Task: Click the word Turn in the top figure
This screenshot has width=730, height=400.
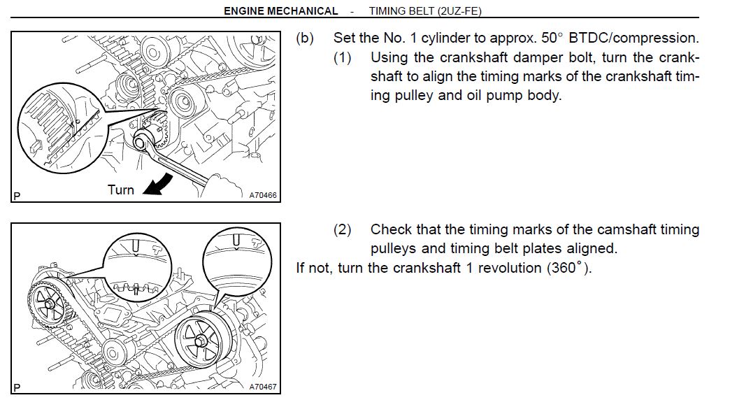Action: coord(120,190)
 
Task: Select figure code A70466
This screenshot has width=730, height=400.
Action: coord(263,195)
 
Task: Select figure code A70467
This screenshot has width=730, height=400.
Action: coord(263,387)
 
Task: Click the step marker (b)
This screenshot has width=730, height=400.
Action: coord(305,38)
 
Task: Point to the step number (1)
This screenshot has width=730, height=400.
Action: coord(342,58)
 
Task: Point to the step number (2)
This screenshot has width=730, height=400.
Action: coord(342,229)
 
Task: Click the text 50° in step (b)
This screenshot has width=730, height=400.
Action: coord(552,38)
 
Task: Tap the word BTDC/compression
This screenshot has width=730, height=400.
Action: coord(634,38)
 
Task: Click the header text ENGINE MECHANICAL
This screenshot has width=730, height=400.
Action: coord(280,10)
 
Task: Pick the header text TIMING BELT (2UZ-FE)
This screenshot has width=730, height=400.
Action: coord(425,10)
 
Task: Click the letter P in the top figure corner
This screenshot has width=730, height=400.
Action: coord(17,196)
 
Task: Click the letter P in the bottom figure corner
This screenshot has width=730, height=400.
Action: coord(17,387)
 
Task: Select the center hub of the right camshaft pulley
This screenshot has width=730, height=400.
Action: coord(202,341)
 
